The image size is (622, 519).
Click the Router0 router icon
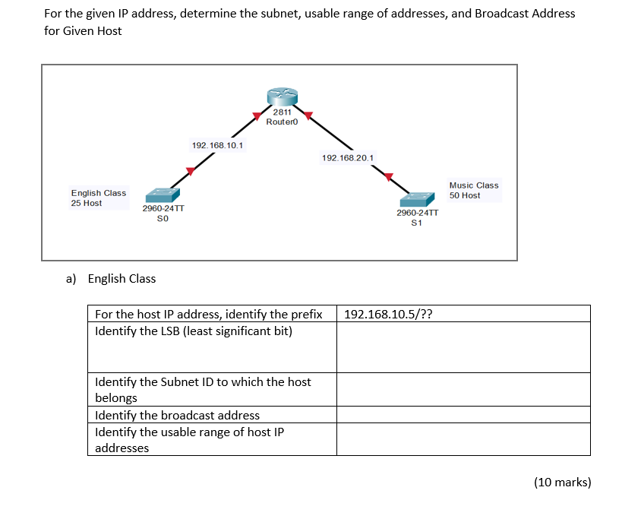click(x=282, y=97)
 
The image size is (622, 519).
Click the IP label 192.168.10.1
click(x=217, y=145)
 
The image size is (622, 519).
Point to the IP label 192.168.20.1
click(x=347, y=158)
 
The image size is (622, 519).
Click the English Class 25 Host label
click(x=98, y=198)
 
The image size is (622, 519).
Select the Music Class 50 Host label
click(x=474, y=190)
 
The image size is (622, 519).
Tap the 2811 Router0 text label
click(x=281, y=116)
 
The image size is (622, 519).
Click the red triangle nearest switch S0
click(x=190, y=172)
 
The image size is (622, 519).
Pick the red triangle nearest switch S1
click(x=389, y=177)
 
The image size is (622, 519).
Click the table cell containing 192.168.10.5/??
click(x=463, y=314)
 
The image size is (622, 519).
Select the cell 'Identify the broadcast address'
click(x=212, y=415)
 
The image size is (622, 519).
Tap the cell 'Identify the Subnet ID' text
click(x=212, y=389)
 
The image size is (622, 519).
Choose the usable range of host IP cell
click(x=212, y=440)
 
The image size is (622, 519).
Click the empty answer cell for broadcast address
click(x=463, y=415)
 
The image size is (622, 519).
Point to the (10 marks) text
click(x=562, y=482)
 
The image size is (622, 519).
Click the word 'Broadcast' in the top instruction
click(x=500, y=14)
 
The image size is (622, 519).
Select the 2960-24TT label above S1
click(x=417, y=214)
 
